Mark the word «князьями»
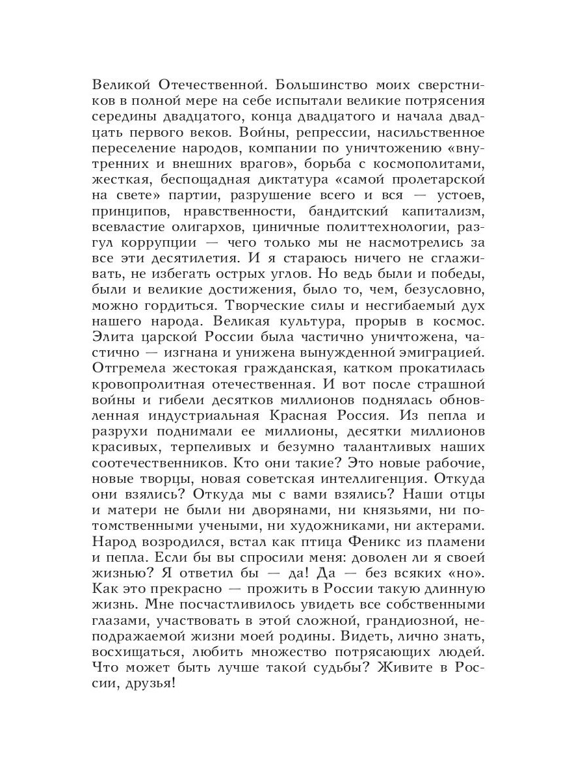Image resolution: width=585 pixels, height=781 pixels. pos(382,514)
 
